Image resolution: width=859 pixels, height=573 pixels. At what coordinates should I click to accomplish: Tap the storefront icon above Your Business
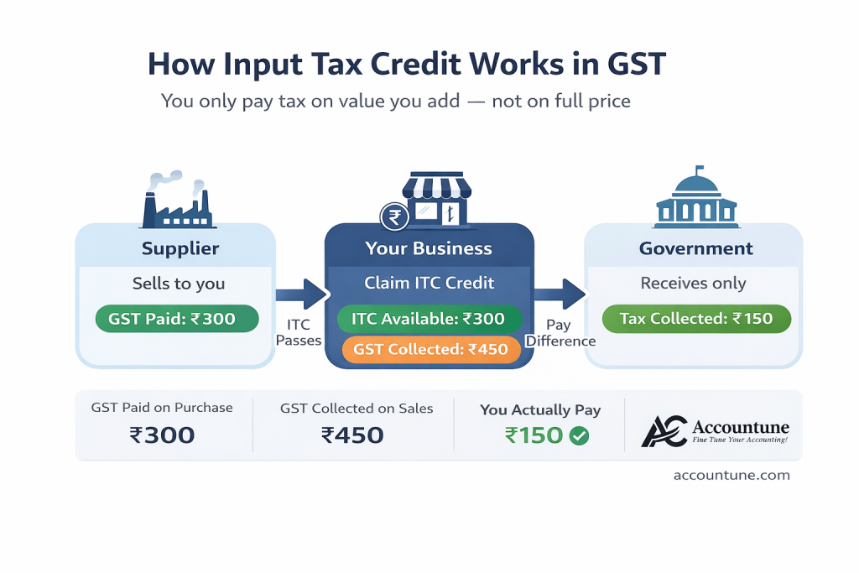coord(436,198)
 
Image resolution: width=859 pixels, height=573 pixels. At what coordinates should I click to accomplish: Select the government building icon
coord(696,197)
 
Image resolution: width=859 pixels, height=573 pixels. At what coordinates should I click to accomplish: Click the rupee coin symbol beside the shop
coord(394,217)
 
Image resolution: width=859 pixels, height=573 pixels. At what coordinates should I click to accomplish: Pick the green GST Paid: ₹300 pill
coord(177,319)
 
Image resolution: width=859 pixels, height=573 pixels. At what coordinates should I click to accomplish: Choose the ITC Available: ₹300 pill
coord(429,319)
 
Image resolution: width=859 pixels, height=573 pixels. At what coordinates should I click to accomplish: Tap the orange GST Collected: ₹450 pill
coord(430,350)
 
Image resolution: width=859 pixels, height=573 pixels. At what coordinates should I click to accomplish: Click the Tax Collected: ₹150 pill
coord(696,319)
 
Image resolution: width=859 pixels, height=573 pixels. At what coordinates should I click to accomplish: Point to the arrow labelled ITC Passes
coord(301,294)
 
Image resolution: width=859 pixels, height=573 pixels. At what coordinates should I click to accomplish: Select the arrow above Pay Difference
coord(560,294)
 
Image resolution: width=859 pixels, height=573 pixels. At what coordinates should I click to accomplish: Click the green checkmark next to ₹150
coord(579,436)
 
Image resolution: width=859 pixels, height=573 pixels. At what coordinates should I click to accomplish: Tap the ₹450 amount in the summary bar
coord(352,435)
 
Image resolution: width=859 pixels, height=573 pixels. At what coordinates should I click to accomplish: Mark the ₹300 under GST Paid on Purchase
coord(162,435)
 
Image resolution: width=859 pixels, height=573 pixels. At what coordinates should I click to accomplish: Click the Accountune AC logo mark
coord(664,432)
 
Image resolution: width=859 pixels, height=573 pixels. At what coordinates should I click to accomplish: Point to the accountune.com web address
coord(731,475)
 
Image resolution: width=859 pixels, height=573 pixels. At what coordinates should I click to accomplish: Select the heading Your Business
coord(429,248)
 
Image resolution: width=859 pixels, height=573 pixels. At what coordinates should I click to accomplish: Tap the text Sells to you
coord(179,284)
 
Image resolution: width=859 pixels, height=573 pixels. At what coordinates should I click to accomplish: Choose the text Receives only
coord(693,284)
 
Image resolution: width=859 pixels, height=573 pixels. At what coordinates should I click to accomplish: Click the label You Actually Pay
coord(540,409)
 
